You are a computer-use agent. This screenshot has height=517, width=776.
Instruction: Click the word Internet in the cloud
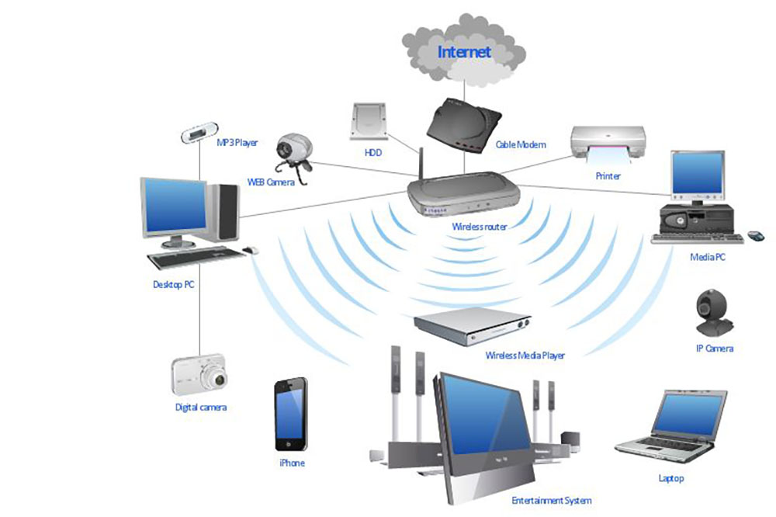coord(465,52)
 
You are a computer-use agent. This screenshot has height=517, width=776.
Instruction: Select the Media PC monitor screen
coord(698,172)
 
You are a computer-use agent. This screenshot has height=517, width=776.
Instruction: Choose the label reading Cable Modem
coord(521,144)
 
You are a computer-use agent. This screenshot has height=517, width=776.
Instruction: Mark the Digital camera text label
coord(200,407)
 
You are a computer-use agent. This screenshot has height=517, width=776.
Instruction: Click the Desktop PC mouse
coord(251,250)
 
